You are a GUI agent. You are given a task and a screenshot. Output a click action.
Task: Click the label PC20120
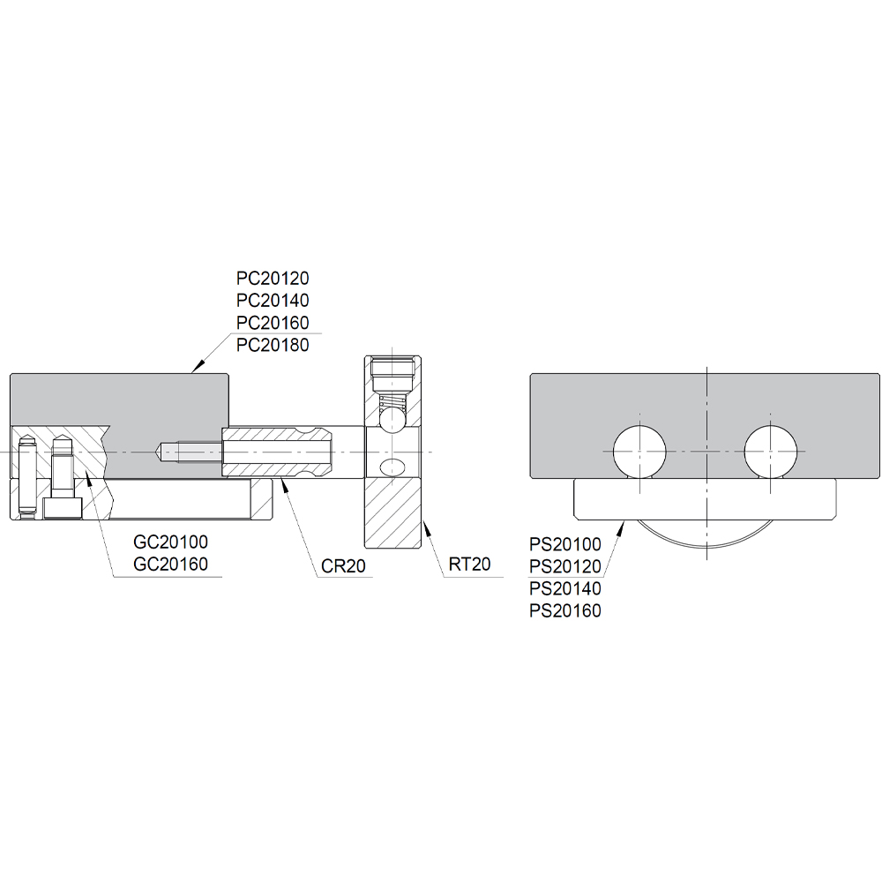273,279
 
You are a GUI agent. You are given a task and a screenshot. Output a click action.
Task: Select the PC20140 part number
273,301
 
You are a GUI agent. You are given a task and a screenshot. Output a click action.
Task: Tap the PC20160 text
273,323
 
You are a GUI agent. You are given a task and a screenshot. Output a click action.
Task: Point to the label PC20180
273,345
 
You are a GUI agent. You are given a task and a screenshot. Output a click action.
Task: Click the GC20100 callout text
171,542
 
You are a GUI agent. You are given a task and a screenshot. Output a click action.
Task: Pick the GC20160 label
171,564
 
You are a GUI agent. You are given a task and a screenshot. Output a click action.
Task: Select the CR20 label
344,566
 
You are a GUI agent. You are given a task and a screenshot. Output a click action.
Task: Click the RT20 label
470,564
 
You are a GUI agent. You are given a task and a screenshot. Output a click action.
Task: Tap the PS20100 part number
565,544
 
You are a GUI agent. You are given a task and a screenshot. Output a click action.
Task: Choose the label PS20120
565,566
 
